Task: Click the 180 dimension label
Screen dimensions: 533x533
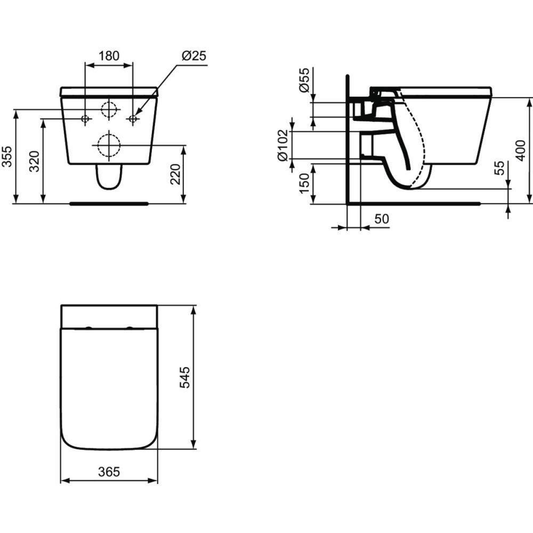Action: pos(109,55)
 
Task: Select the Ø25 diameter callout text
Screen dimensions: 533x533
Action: pos(193,55)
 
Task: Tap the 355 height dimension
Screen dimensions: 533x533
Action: pos(7,157)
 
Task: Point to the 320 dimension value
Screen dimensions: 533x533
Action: pos(34,161)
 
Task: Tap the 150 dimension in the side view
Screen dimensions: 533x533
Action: pos(304,183)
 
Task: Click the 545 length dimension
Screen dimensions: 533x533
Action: pos(184,377)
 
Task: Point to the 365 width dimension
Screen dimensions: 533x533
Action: pos(109,472)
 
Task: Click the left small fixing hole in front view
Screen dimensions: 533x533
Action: pos(85,119)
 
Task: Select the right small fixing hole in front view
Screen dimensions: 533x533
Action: pos(133,119)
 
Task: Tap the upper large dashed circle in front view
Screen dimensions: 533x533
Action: pos(109,109)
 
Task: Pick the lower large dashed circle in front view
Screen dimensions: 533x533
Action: pos(109,144)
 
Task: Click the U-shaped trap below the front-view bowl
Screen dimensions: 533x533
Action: pos(109,178)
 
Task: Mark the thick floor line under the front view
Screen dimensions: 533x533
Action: pos(109,203)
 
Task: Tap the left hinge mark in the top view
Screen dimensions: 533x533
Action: pos(88,327)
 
